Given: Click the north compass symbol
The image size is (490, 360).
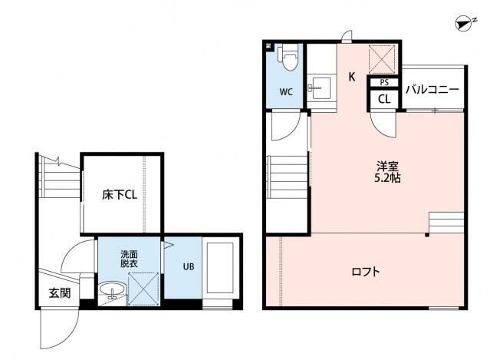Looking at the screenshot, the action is pyautogui.click(x=463, y=25).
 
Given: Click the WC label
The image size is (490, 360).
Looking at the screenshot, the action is pyautogui.click(x=286, y=92).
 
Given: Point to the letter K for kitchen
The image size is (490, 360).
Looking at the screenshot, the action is pyautogui.click(x=352, y=77).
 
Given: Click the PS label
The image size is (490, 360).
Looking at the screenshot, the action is pyautogui.click(x=384, y=83).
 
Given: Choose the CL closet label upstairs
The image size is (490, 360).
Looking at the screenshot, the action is pyautogui.click(x=384, y=100).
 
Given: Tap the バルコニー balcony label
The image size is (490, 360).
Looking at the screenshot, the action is pyautogui.click(x=432, y=90).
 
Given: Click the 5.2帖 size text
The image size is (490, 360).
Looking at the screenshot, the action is pyautogui.click(x=387, y=178).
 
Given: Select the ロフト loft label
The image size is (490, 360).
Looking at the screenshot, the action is pyautogui.click(x=366, y=271).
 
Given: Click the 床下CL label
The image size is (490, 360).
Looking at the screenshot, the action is pyautogui.click(x=120, y=195).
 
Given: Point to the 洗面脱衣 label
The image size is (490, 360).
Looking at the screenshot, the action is pyautogui.click(x=130, y=259).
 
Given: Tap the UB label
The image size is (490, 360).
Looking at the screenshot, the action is pyautogui.click(x=189, y=266).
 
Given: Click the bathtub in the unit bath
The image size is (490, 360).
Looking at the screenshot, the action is pyautogui.click(x=220, y=268).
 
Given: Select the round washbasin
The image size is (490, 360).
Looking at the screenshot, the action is pyautogui.click(x=113, y=289).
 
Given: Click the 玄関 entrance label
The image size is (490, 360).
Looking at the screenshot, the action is pyautogui.click(x=60, y=292).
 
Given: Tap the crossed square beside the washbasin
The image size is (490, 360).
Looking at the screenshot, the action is pyautogui.click(x=143, y=289).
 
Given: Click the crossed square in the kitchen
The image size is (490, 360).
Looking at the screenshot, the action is pyautogui.click(x=382, y=59).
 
